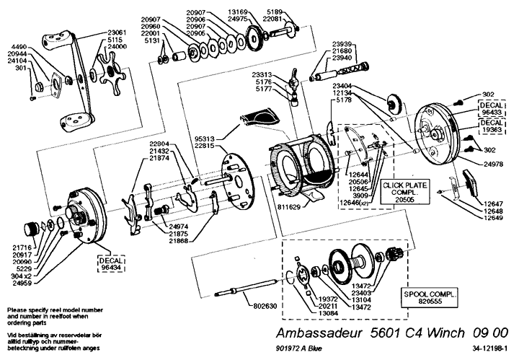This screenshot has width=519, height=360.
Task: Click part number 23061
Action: click(x=117, y=32)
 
